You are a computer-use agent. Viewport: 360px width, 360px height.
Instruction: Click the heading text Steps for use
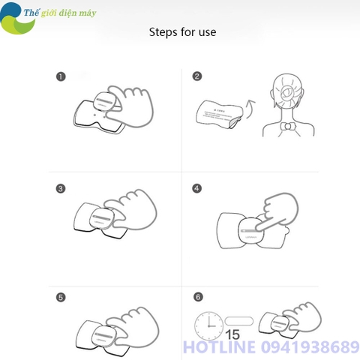tap(182, 33)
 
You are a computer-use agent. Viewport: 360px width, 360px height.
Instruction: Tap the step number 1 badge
tap(60, 76)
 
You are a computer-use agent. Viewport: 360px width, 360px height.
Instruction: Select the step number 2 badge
tap(197, 76)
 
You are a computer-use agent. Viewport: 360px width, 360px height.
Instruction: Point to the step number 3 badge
tap(60, 187)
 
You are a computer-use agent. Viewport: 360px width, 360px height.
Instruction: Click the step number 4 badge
tap(197, 187)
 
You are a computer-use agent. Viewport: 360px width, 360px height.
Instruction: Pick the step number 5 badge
tap(60, 298)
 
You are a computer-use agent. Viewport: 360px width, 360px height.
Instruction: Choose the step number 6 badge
tap(197, 298)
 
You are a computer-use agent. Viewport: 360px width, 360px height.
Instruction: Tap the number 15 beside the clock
tap(234, 334)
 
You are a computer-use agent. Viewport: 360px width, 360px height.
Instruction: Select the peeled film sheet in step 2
tap(216, 113)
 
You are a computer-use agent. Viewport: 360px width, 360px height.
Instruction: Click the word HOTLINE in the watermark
tap(218, 346)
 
